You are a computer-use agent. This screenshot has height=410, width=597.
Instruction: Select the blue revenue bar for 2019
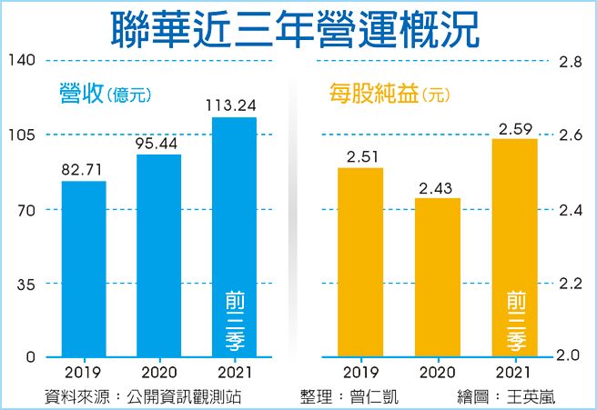84,268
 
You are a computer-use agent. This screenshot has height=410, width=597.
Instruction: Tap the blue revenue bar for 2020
159,255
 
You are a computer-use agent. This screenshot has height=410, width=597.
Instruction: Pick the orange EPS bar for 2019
359,261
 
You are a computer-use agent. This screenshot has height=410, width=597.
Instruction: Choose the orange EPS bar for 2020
438,276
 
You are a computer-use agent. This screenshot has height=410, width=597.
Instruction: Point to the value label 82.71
84,169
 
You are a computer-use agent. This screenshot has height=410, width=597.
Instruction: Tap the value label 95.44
159,143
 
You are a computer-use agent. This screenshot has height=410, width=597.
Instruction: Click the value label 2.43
438,186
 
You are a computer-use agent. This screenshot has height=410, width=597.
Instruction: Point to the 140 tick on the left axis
24,60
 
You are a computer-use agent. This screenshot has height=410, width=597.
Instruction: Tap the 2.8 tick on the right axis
571,63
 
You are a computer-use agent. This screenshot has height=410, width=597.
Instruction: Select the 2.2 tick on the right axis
571,284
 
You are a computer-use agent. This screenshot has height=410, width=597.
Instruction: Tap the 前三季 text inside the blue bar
234,322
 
